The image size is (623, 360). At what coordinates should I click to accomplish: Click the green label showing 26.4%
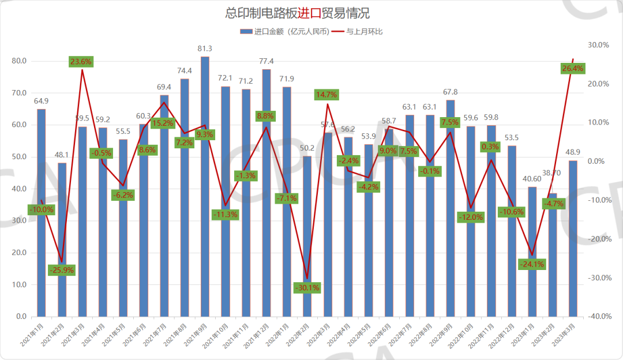[572, 69]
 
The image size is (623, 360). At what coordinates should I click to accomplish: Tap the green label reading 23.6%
[81, 62]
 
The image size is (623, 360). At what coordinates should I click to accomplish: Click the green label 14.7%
[326, 95]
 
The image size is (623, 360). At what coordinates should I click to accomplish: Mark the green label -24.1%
[532, 265]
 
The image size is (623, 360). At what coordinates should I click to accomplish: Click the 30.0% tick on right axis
[598, 45]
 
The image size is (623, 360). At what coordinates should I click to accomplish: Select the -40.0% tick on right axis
[598, 317]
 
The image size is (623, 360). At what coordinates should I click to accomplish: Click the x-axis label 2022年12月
[502, 337]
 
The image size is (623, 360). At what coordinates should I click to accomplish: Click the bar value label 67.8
[451, 92]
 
